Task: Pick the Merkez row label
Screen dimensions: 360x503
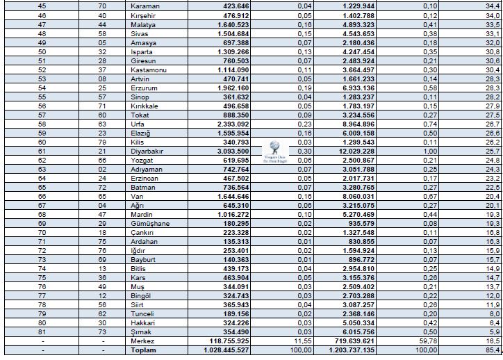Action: click(x=144, y=341)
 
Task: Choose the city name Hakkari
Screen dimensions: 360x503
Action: click(x=144, y=323)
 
